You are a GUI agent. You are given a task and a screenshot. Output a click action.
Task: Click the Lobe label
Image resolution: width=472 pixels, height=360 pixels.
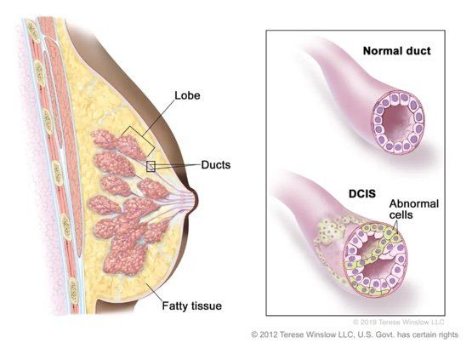pos(187,95)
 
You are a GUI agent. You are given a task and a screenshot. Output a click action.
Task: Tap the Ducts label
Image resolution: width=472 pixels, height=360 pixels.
pos(216,165)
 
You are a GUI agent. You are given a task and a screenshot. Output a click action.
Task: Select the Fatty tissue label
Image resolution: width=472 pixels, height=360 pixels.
pos(192,306)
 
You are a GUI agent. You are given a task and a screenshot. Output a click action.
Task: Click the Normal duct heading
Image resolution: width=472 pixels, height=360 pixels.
pos(397,51)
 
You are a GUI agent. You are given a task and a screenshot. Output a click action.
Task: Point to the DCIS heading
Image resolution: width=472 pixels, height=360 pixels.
pos(362,193)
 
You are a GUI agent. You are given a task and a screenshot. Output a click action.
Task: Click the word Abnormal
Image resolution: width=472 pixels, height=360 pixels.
pos(414,204)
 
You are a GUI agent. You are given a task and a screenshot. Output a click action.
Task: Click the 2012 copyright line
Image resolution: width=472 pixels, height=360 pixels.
pos(355,334)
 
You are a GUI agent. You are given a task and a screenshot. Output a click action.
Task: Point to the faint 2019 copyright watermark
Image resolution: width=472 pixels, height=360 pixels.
pos(399,323)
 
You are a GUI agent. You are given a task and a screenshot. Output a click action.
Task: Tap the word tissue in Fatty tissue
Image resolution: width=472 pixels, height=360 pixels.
pos(207,306)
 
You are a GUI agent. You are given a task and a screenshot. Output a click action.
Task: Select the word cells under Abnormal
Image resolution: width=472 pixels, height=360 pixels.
pos(401,214)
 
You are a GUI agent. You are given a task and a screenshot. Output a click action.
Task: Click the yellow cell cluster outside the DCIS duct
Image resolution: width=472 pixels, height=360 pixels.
pos(329,231)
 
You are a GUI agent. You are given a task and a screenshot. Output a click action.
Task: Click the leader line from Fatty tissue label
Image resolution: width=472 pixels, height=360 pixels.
pos(155,291)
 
